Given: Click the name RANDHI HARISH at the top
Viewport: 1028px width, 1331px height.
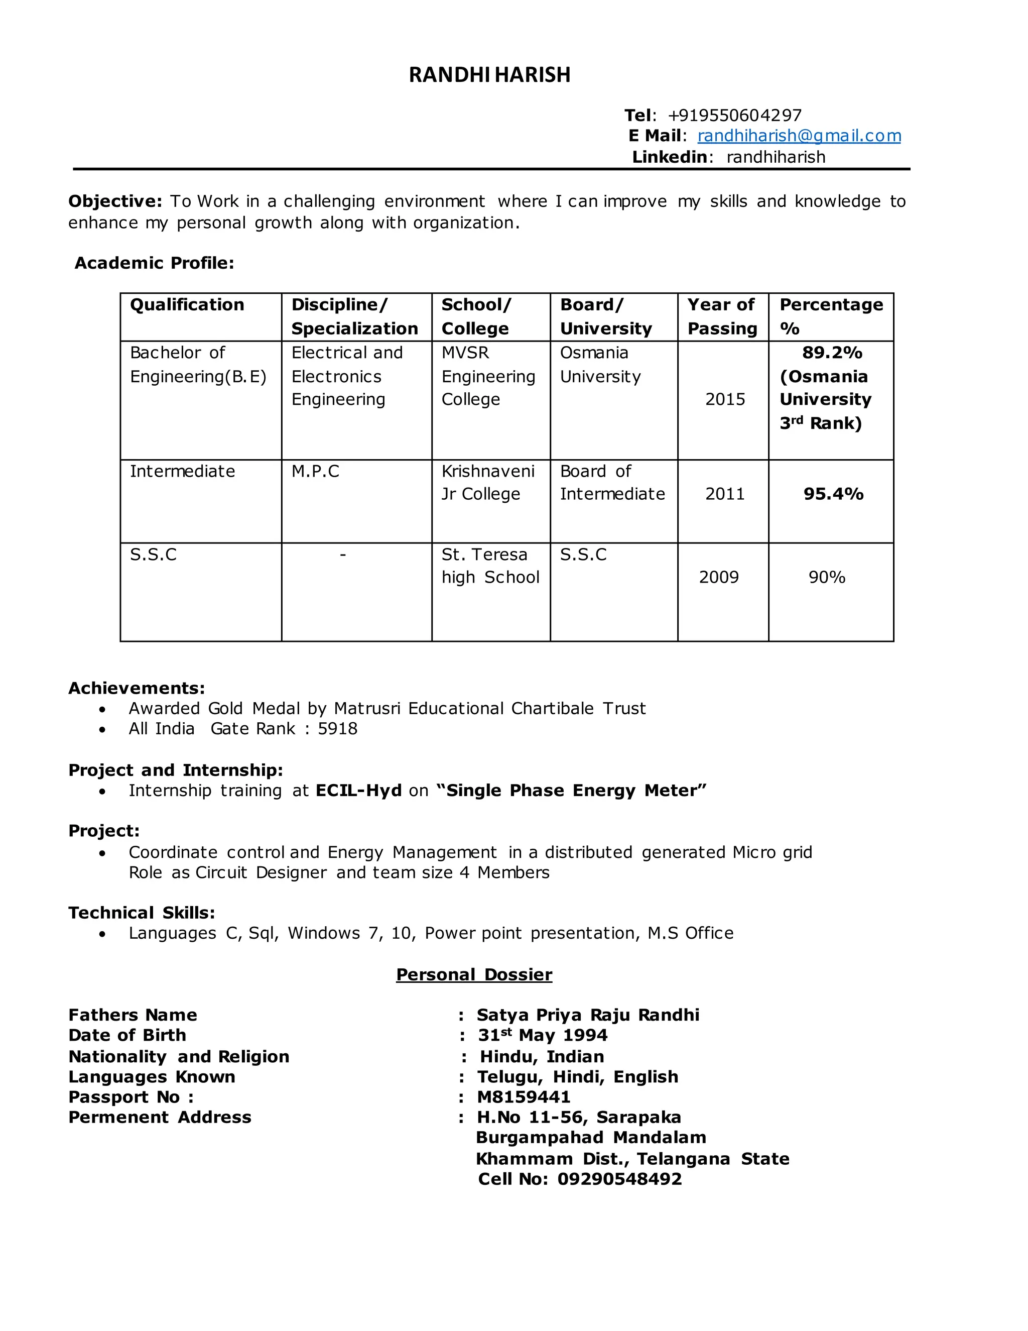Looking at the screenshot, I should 489,75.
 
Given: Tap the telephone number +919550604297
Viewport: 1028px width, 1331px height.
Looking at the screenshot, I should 734,115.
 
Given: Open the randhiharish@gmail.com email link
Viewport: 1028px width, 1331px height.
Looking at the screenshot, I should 799,136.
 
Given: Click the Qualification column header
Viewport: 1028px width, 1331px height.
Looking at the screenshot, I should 187,305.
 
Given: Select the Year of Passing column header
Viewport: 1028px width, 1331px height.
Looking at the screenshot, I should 722,316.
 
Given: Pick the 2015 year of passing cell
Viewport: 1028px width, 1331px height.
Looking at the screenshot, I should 725,399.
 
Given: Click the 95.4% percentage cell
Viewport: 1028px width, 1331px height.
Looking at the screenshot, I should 833,494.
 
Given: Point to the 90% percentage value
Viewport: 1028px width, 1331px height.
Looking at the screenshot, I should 826,577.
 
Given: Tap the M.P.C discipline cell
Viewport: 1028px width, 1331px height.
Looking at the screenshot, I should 315,471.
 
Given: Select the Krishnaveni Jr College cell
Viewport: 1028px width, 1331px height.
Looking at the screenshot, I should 488,482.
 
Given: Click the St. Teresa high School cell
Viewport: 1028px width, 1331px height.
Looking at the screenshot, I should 490,566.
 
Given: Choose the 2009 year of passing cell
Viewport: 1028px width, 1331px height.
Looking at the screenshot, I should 719,577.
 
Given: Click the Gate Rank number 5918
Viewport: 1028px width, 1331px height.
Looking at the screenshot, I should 337,729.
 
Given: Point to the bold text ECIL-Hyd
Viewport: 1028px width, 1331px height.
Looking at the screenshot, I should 359,791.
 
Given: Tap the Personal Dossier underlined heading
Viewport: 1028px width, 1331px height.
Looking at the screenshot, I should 474,974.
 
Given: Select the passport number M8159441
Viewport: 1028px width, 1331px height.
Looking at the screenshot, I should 524,1097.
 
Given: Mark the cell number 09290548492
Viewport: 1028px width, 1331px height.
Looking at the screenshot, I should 619,1179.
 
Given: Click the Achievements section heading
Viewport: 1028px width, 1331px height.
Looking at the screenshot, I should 137,688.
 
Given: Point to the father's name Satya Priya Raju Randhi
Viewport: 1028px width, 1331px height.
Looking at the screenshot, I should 588,1015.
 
